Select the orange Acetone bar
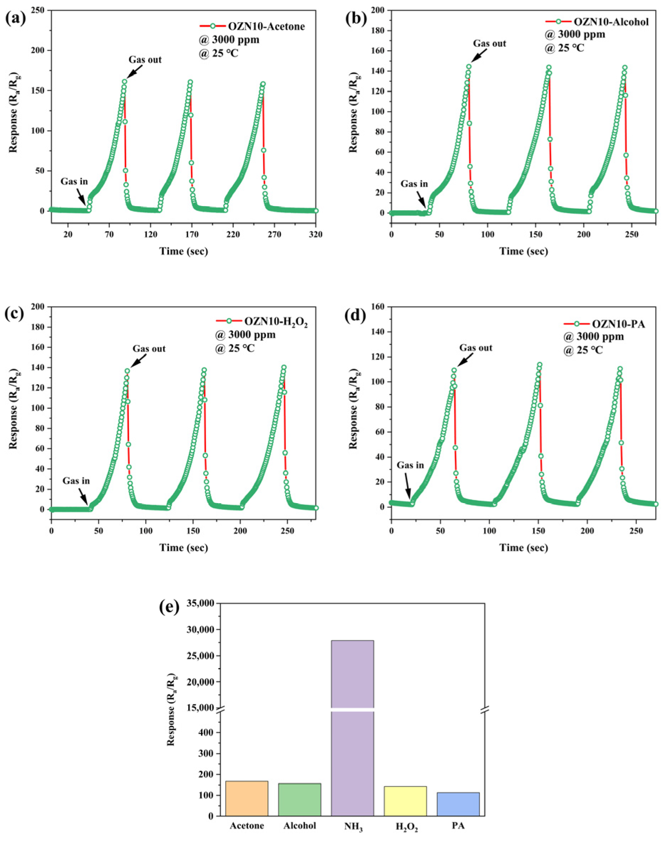247,799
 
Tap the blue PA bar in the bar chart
458,804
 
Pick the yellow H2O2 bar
405,801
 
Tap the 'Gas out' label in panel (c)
149,349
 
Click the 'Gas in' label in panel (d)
410,465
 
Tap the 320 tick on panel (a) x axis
315,234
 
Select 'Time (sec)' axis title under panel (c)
184,547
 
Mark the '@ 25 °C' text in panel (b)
564,48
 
